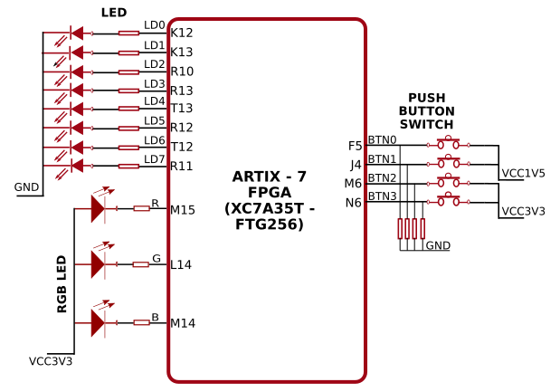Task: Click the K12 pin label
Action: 182,33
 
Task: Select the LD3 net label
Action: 154,83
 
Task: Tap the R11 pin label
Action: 182,166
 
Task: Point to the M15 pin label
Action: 183,210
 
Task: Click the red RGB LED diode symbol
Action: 99,209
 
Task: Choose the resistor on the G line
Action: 140,264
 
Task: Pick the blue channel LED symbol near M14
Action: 99,322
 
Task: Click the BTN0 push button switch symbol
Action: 449,144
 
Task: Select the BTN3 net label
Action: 382,196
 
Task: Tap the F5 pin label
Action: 355,146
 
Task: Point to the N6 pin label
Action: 354,203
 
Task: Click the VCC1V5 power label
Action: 523,173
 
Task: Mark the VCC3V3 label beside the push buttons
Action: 523,211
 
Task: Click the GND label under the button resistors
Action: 438,245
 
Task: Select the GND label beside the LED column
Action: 27,187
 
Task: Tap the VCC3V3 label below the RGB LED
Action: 51,361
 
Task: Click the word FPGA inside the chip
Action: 269,192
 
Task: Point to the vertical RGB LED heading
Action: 62,284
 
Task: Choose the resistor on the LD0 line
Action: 128,33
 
